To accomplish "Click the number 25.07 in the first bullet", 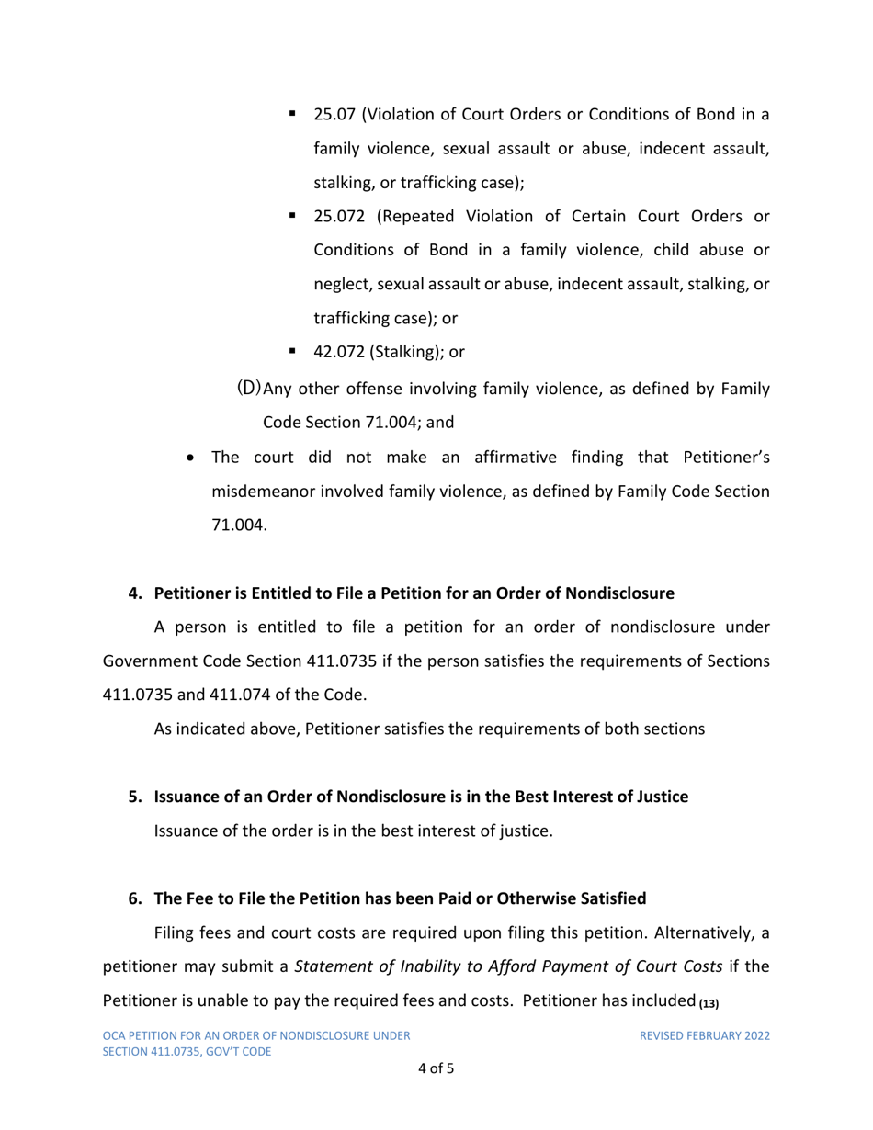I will pos(334,116).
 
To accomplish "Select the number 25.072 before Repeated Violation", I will pos(339,217).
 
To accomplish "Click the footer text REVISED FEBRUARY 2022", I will pos(705,1036).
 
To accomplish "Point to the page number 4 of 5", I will pos(436,1068).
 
